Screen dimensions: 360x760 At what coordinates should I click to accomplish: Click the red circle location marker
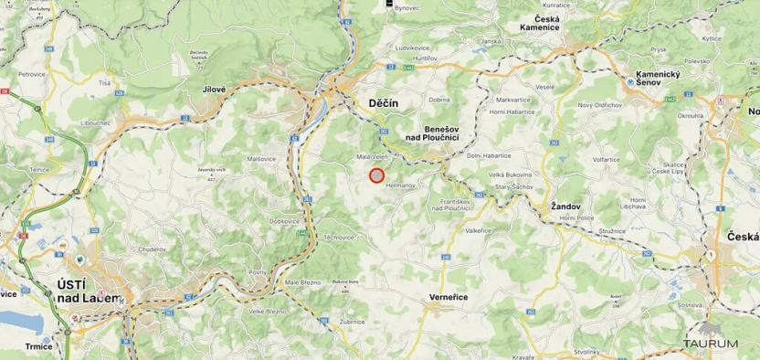click(376, 175)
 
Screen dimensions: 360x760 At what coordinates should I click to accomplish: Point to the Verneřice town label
click(449, 299)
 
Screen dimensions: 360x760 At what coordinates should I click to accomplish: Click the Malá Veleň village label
click(373, 156)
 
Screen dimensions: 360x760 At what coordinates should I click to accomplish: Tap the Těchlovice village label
click(339, 237)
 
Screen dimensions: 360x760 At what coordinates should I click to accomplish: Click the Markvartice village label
click(513, 99)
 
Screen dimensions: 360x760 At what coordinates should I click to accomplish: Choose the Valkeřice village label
click(478, 230)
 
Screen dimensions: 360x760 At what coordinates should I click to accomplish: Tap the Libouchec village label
click(96, 122)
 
